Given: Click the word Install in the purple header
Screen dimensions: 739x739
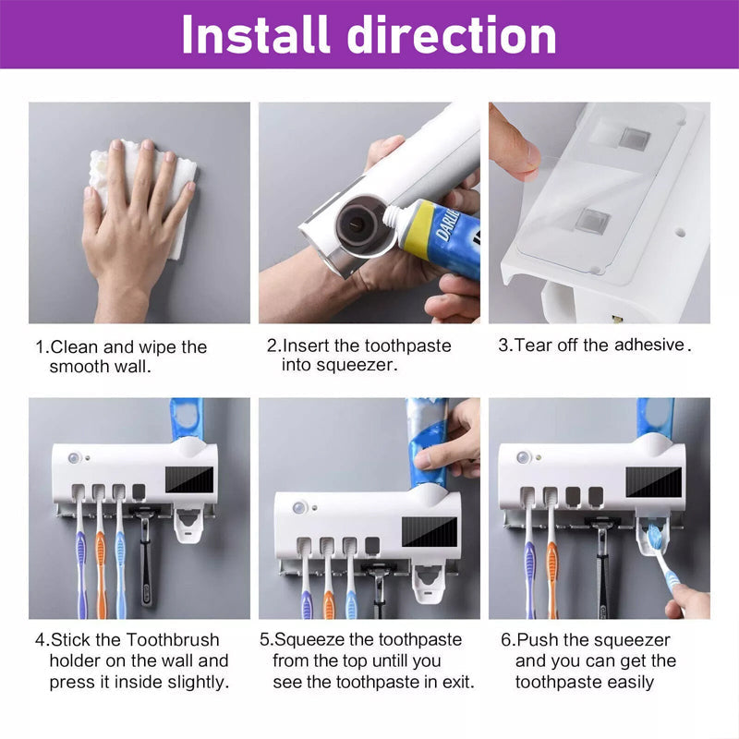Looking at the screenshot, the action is [255, 34].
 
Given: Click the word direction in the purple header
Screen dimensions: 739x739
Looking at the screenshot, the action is [452, 34].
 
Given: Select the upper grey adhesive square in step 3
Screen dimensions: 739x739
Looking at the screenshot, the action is [635, 139].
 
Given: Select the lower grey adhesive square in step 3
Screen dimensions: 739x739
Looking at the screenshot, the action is [593, 221].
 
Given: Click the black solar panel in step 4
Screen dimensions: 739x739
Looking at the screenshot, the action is [189, 479].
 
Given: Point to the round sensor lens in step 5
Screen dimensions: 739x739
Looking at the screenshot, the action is [298, 508].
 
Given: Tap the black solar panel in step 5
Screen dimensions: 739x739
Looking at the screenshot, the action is [430, 532].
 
